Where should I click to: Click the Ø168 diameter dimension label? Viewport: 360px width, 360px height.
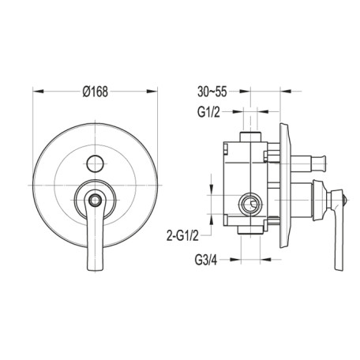(95, 92)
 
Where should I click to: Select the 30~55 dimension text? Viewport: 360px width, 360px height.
(212, 92)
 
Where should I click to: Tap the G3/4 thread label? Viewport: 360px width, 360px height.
(206, 260)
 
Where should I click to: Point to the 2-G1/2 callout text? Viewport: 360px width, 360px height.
(182, 235)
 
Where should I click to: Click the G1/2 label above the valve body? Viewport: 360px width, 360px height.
(208, 112)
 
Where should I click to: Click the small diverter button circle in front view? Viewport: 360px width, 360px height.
(95, 163)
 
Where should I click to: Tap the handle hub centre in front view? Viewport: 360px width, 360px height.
(95, 201)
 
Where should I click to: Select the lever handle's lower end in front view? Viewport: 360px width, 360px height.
(96, 266)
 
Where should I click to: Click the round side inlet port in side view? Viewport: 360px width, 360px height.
(250, 204)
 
